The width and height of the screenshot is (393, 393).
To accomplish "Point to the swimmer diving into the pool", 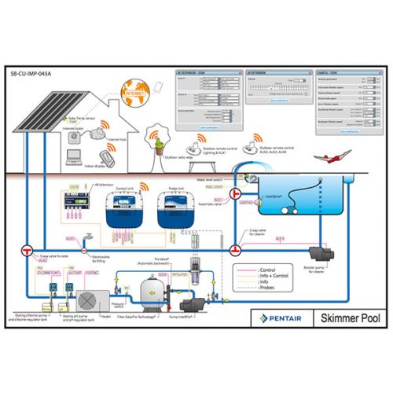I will (x=324, y=159).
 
